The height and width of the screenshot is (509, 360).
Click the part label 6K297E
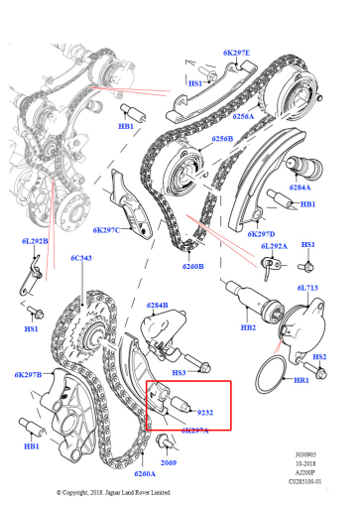coord(236,53)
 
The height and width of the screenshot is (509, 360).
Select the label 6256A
coord(243,116)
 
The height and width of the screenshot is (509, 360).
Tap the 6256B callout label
coord(222,139)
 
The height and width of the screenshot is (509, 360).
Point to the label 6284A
coord(300,188)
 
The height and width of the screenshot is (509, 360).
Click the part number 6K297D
coord(261,234)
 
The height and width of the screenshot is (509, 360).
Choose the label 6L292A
coord(274,246)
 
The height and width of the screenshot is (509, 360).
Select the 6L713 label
coord(307,288)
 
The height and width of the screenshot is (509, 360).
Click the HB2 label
coord(248,327)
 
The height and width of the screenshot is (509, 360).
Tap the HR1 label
coord(301,380)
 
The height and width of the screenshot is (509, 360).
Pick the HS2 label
coord(319,357)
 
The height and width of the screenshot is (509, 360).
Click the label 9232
coord(205,413)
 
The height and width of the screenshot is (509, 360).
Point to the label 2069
coord(169,462)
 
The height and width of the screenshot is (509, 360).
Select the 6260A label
coord(145,473)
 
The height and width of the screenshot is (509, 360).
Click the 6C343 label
coord(81,258)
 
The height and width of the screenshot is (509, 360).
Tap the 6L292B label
coord(35,241)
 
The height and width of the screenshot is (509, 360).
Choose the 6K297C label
coord(106,230)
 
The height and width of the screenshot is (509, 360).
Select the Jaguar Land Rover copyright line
coord(114,492)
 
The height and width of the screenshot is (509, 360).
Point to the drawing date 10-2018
coord(305,463)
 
